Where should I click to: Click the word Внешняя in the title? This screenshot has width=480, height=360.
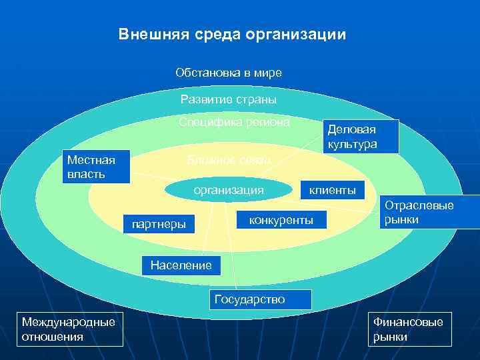(148, 34)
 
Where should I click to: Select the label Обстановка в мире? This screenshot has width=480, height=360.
(228, 72)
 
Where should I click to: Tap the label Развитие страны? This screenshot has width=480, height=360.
(228, 100)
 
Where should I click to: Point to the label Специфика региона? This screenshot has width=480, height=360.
(234, 123)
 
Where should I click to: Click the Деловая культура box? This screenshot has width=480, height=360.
(361, 137)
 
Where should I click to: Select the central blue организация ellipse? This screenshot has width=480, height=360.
(229, 190)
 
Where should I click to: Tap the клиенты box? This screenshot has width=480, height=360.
(332, 191)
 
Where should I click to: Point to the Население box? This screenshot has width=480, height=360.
(181, 265)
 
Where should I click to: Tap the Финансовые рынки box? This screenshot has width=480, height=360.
(409, 329)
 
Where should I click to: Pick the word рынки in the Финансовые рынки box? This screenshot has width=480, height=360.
(391, 337)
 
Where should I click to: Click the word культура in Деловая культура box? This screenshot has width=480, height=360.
(353, 144)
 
